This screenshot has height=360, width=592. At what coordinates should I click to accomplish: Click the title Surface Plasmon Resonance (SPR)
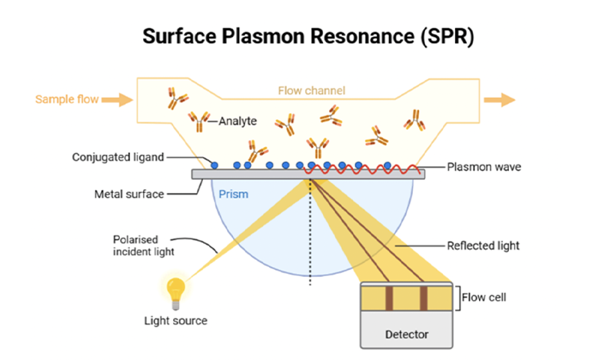tap(295, 36)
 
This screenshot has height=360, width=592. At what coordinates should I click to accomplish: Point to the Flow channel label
tap(311, 91)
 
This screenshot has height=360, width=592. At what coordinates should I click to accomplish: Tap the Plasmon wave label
tap(484, 166)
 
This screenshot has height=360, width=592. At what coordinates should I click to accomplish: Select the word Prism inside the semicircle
tap(234, 195)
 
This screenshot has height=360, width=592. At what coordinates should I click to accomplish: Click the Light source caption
tap(176, 320)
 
